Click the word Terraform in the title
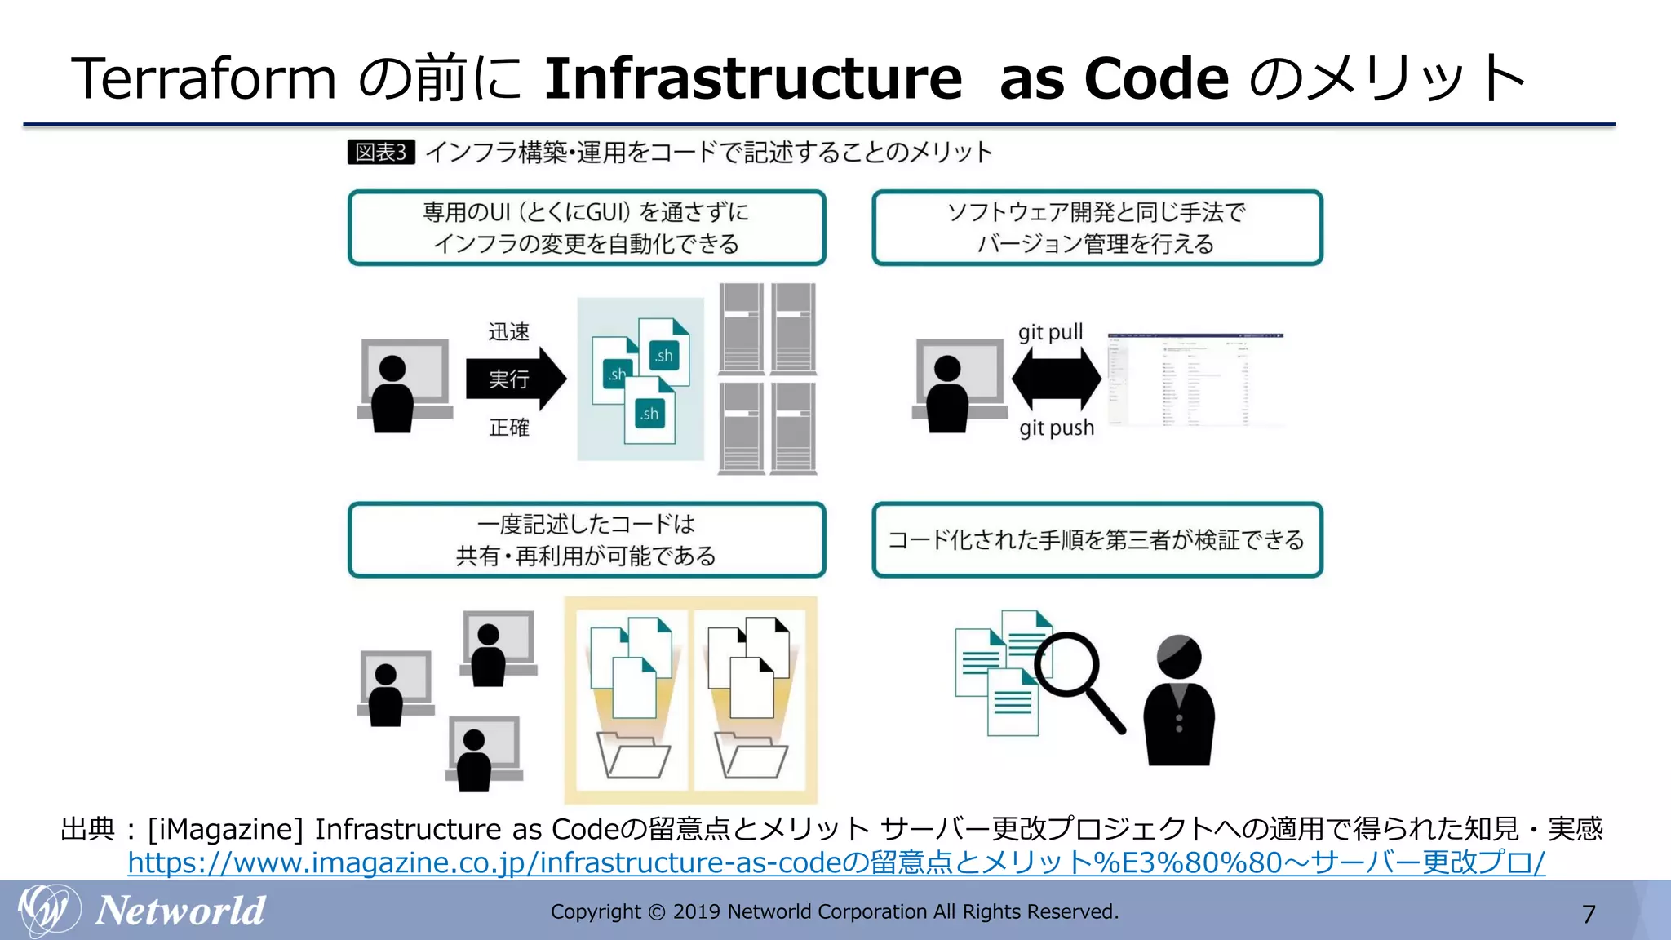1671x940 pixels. [204, 79]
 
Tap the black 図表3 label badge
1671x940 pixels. [381, 152]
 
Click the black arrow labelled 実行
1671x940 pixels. [515, 379]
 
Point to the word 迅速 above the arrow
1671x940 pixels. [508, 332]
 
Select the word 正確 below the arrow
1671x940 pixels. [508, 428]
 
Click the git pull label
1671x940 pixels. [1050, 332]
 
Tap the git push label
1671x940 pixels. [1056, 428]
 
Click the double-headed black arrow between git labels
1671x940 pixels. [1056, 379]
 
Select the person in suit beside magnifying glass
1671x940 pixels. [1178, 702]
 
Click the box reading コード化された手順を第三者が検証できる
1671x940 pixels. [1097, 540]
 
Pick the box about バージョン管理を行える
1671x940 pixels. [1097, 228]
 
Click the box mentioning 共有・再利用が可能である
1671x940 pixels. [587, 540]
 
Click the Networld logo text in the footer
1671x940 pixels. [180, 911]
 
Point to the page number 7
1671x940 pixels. [1588, 914]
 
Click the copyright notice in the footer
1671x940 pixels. [835, 911]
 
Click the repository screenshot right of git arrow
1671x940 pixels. [1195, 379]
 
